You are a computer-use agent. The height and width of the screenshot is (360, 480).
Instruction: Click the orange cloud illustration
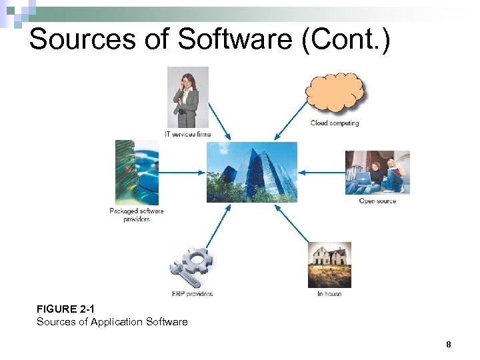(x=335, y=93)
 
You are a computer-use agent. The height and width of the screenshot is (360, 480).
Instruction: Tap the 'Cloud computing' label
(x=335, y=123)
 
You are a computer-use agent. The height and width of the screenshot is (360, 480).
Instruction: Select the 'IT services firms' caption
(x=187, y=134)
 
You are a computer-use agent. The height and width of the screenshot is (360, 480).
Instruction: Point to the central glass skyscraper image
(x=252, y=172)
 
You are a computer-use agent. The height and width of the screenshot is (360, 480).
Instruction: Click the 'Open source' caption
(x=377, y=201)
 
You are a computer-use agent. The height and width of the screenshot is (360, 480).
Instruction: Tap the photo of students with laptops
(x=377, y=173)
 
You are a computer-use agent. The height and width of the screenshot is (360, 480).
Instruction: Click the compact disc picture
(x=137, y=173)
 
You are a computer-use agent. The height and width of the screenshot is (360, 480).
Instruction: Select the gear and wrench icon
(x=191, y=266)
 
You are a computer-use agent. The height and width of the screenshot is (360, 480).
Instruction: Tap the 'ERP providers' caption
(x=192, y=294)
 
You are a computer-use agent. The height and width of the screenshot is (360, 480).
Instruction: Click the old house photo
(x=329, y=265)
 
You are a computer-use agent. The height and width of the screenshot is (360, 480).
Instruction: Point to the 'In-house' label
(x=329, y=294)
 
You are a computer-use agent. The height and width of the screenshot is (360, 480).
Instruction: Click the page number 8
(x=448, y=345)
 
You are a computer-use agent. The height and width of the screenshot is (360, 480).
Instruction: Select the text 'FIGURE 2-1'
(x=65, y=309)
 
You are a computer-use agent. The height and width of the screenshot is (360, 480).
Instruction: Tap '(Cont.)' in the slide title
(x=346, y=39)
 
